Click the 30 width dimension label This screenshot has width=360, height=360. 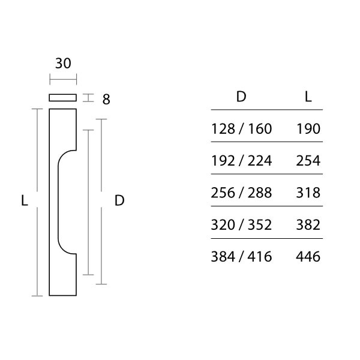click(64, 64)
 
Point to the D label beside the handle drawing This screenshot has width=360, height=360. click(119, 201)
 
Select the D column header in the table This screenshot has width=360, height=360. click(241, 97)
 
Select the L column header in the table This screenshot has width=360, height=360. click(308, 97)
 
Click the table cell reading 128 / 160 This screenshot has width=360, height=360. click(242, 128)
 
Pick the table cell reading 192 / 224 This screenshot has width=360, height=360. click(242, 161)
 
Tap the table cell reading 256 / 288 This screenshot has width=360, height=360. click(242, 193)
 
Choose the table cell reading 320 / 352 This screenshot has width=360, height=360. click(242, 225)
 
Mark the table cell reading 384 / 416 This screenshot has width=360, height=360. click(242, 257)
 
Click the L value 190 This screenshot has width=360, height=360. click(308, 128)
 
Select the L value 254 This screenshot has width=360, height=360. click(308, 161)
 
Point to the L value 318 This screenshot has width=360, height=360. click(308, 193)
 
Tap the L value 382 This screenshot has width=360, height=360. click(308, 225)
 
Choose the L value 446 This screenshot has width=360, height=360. click(308, 257)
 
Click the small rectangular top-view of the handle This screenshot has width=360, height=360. click(63, 97)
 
